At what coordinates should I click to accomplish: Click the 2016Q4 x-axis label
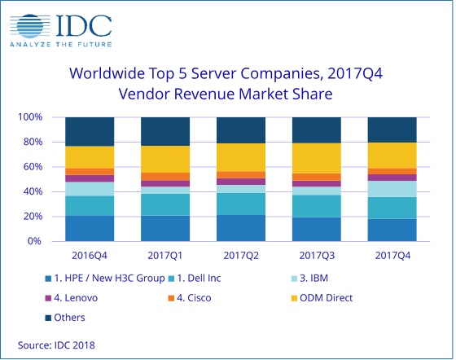click(90, 256)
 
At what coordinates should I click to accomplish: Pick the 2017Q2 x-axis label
click(241, 256)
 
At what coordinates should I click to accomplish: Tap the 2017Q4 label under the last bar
click(392, 256)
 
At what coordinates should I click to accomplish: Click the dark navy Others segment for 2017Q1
click(165, 131)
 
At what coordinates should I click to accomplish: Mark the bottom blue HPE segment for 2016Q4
click(90, 228)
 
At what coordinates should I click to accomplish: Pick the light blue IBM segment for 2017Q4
click(392, 189)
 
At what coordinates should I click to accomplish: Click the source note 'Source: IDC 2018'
click(56, 345)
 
